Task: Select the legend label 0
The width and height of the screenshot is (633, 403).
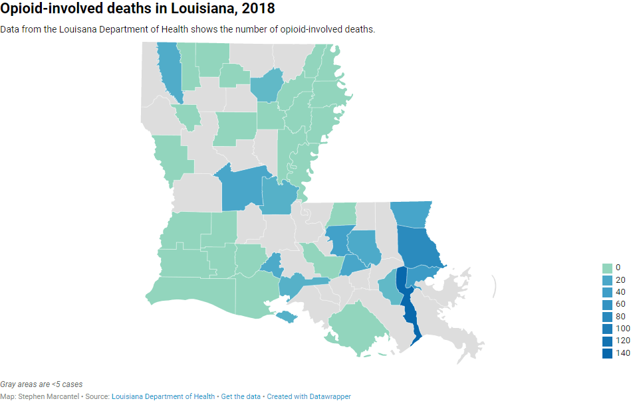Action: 618,268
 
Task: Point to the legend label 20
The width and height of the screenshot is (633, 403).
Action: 620,280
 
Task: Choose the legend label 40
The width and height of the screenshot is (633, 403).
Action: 620,292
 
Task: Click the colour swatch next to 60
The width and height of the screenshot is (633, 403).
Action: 607,305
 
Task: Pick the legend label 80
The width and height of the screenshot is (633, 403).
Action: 620,317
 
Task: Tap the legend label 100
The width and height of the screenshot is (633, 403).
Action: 622,329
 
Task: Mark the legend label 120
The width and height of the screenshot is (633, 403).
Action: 622,341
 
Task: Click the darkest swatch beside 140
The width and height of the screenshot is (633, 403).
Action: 607,353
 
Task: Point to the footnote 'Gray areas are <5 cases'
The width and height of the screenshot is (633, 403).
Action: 41,384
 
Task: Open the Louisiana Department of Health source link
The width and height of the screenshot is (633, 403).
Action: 163,396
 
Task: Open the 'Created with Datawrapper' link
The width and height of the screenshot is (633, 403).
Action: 309,396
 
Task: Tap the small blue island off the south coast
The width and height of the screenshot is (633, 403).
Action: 286,317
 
